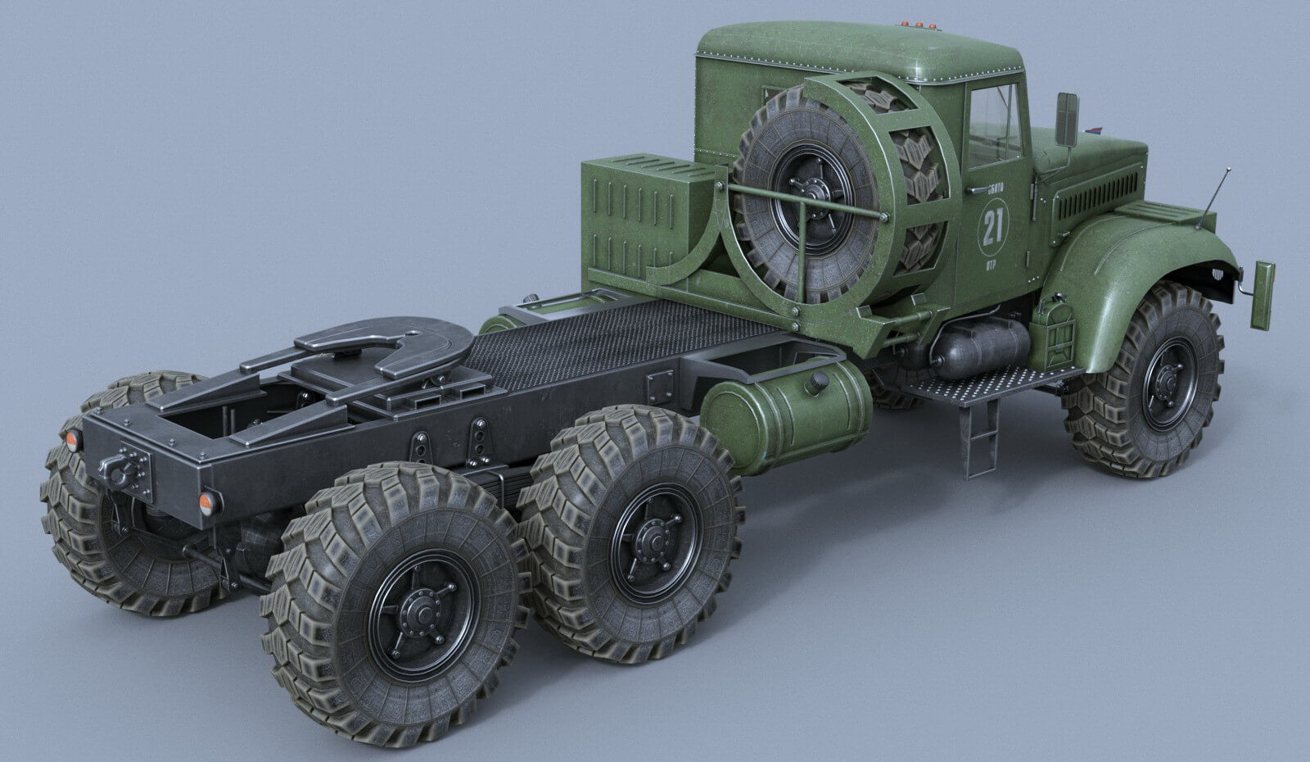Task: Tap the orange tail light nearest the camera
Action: tap(210, 500)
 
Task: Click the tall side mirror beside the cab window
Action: tap(1067, 118)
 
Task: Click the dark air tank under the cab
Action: tap(978, 347)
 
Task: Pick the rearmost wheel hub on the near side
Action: tap(422, 610)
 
